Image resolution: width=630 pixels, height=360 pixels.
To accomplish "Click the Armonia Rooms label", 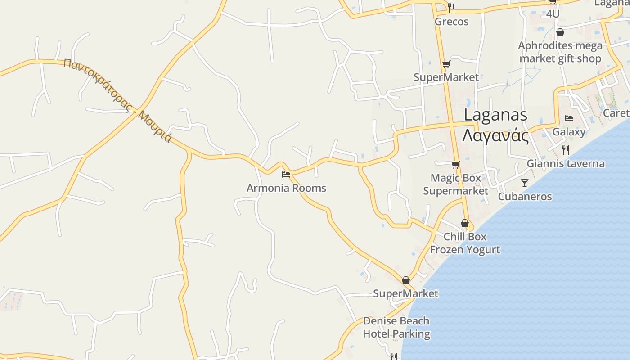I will pyautogui.click(x=286, y=188).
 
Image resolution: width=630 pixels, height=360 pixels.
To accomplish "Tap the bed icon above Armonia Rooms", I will pyautogui.click(x=286, y=174).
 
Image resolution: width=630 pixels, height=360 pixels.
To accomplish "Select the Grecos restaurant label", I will pyautogui.click(x=451, y=22).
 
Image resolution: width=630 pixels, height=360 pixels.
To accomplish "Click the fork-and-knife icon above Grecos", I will pyautogui.click(x=451, y=8).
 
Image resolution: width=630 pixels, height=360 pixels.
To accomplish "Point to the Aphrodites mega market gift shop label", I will pyautogui.click(x=560, y=52).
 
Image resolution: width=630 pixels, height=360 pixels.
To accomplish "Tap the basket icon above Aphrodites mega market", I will pyautogui.click(x=560, y=32).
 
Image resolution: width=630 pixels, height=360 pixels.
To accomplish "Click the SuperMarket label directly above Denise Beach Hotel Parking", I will pyautogui.click(x=405, y=293).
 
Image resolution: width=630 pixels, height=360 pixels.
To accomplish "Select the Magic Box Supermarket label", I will pyautogui.click(x=456, y=184).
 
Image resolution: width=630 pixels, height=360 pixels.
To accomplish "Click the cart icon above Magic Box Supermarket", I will pyautogui.click(x=456, y=165).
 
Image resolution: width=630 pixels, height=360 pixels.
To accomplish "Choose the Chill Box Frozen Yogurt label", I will pyautogui.click(x=465, y=243).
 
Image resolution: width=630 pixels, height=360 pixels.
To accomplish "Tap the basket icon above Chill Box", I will pyautogui.click(x=465, y=223).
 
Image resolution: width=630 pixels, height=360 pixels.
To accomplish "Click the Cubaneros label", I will pyautogui.click(x=525, y=197).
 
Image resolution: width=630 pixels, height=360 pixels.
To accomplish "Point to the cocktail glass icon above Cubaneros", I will pyautogui.click(x=525, y=183).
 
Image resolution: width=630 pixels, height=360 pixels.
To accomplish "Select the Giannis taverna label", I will pyautogui.click(x=566, y=163).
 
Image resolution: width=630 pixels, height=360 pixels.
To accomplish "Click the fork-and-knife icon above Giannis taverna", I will pyautogui.click(x=566, y=150).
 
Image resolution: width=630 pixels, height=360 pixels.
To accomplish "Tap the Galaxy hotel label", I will pyautogui.click(x=569, y=132).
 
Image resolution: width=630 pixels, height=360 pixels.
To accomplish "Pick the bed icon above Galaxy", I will pyautogui.click(x=569, y=118).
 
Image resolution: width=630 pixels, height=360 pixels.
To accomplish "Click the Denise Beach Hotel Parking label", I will pyautogui.click(x=396, y=328).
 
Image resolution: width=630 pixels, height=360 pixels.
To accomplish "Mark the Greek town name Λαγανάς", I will pyautogui.click(x=495, y=135).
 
